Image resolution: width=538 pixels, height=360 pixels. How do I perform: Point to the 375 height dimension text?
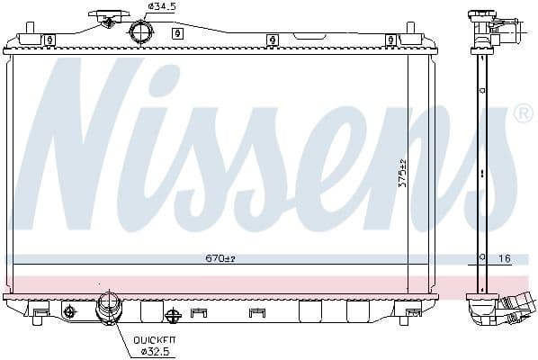[402, 173]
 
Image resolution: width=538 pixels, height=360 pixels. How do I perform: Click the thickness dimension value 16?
[504, 258]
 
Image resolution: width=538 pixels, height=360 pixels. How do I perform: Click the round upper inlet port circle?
[140, 32]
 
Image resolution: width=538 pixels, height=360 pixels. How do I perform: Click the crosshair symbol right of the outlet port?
[174, 314]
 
